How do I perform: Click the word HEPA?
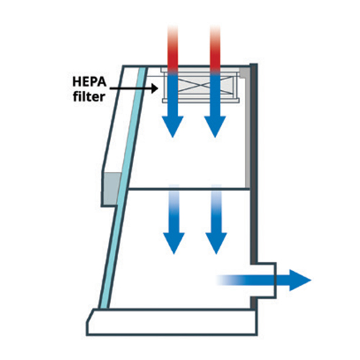pos(89,81)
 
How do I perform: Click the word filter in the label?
pos(89,96)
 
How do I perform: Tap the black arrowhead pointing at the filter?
pos(154,89)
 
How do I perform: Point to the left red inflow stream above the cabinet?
pos(173,48)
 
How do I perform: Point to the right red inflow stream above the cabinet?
pos(215,48)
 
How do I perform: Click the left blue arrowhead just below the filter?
pos(173,127)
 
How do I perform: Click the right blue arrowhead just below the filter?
pos(215,127)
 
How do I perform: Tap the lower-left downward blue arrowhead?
pos(174,243)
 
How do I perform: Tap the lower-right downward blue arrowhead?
pos(216,243)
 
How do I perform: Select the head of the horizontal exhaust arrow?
pos(300,280)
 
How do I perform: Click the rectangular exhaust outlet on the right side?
pos(264,280)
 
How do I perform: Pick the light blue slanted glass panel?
pos(122,188)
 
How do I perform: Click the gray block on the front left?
pos(111,189)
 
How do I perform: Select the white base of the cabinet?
pos(172,322)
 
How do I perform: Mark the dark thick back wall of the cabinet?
pos(253,163)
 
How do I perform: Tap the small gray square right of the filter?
pos(244,73)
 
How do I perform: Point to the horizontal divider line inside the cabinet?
pos(189,189)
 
